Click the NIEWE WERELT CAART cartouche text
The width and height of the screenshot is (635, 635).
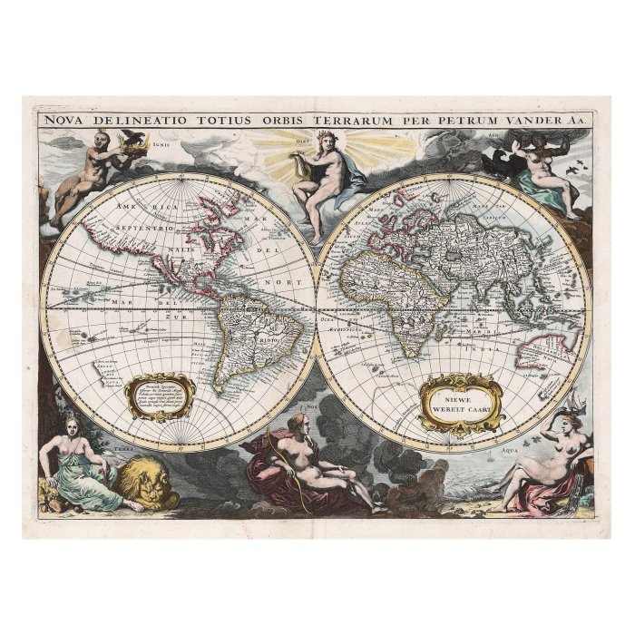[x=461, y=402]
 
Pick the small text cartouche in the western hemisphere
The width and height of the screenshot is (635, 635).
[x=160, y=397]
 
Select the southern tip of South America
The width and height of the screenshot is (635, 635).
[x=220, y=394]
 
